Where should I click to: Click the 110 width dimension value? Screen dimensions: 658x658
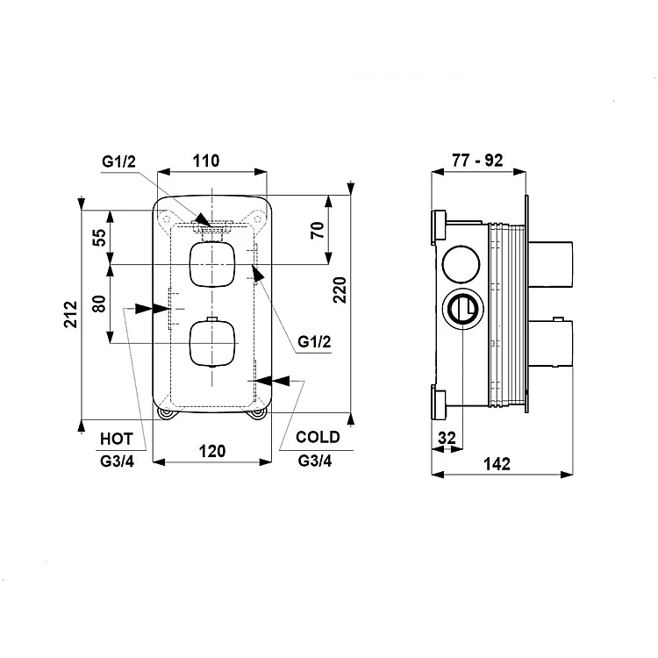click(206, 161)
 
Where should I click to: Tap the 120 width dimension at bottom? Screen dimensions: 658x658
click(212, 452)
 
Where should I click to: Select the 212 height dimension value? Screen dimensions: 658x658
click(70, 314)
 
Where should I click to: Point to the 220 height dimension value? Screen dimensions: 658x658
click(340, 290)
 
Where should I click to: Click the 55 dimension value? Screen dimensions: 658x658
click(99, 238)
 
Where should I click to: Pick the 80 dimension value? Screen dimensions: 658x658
click(99, 304)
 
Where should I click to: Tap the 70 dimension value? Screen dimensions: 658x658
click(318, 230)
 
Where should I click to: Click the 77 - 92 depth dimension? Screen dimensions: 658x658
click(477, 161)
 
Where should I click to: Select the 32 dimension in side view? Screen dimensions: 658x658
click(447, 438)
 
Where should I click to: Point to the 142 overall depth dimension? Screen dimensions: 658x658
click(497, 464)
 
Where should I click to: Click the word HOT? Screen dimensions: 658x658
click(116, 439)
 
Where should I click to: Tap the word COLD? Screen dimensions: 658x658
click(318, 437)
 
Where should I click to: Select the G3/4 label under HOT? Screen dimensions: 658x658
click(117, 461)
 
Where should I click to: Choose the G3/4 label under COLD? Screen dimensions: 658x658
click(315, 461)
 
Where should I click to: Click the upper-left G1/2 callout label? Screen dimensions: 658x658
click(118, 161)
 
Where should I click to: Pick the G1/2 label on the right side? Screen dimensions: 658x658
click(314, 341)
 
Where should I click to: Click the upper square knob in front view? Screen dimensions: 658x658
click(212, 264)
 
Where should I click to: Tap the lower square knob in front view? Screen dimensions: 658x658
click(212, 343)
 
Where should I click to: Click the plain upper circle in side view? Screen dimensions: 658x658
click(461, 264)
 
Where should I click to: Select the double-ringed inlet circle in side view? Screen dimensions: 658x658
click(462, 309)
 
